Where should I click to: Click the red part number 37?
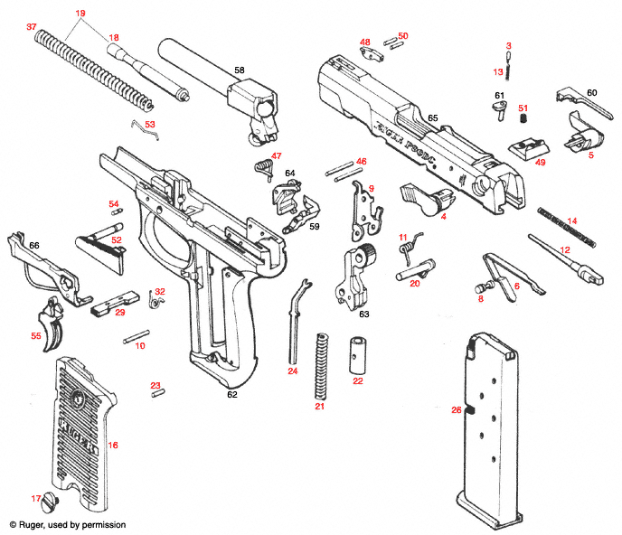(32, 27)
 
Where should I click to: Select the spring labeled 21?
(319, 365)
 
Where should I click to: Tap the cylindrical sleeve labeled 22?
(357, 353)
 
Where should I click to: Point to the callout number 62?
(231, 394)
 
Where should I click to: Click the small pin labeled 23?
(158, 391)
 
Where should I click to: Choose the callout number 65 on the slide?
(432, 118)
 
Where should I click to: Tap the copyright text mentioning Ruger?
(68, 524)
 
